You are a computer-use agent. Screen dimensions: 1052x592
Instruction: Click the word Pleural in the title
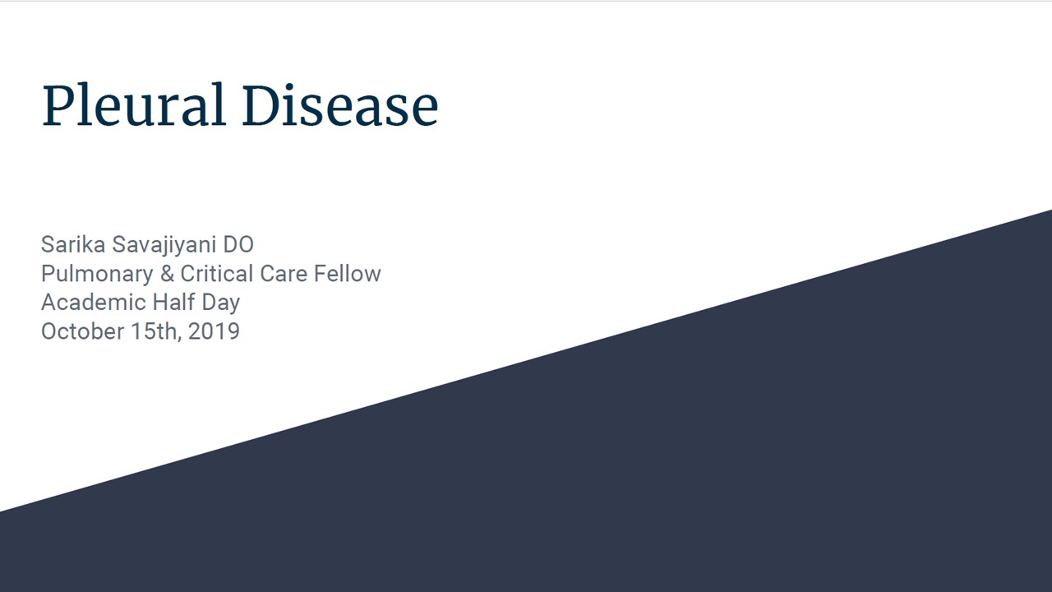pyautogui.click(x=133, y=104)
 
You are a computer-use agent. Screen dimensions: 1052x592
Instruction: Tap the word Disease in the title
pyautogui.click(x=340, y=104)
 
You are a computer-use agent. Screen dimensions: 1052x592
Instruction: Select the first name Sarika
pyautogui.click(x=73, y=244)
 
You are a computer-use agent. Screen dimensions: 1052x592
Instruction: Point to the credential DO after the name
pyautogui.click(x=238, y=244)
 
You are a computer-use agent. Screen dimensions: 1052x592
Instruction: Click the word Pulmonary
pyautogui.click(x=97, y=275)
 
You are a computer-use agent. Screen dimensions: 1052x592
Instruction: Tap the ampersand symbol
pyautogui.click(x=167, y=274)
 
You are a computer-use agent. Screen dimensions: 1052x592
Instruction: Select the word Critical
pyautogui.click(x=217, y=274)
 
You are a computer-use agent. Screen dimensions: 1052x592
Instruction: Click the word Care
pyautogui.click(x=284, y=274)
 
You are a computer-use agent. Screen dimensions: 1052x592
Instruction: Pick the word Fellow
pyautogui.click(x=348, y=274)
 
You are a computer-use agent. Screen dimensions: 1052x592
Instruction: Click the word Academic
pyautogui.click(x=94, y=302)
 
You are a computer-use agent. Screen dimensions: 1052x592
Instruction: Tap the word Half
pyautogui.click(x=173, y=302)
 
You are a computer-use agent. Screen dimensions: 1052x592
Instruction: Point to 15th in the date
pyautogui.click(x=154, y=331)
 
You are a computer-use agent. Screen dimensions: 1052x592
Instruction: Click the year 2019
pyautogui.click(x=214, y=331)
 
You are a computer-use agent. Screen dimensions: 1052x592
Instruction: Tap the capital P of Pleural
pyautogui.click(x=58, y=104)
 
